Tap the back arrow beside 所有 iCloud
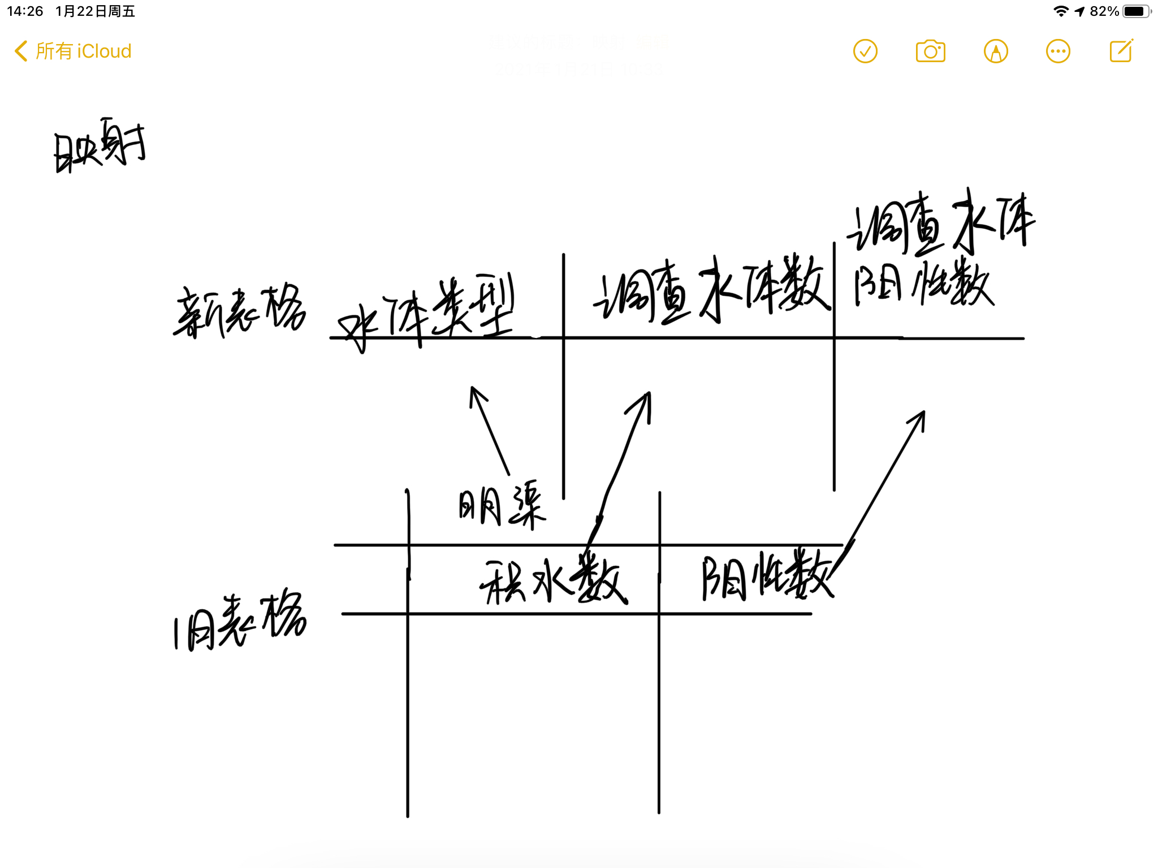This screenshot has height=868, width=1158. coord(21,51)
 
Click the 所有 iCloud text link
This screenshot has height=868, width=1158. coord(83,51)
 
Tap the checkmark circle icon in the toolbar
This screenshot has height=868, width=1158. coord(865,51)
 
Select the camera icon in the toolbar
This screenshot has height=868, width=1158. coord(930,51)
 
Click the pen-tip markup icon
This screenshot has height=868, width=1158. coord(996,51)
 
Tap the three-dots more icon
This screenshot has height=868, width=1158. coord(1058,51)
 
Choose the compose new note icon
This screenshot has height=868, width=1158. coord(1121,51)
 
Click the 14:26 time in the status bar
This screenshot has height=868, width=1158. coord(25,11)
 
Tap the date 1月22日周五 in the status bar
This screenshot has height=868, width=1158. coord(95,11)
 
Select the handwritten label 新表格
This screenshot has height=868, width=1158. coord(240,311)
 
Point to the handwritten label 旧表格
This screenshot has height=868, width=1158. coord(240,620)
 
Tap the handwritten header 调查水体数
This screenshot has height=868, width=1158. coord(711,289)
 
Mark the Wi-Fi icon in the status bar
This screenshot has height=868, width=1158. coord(1061,11)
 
